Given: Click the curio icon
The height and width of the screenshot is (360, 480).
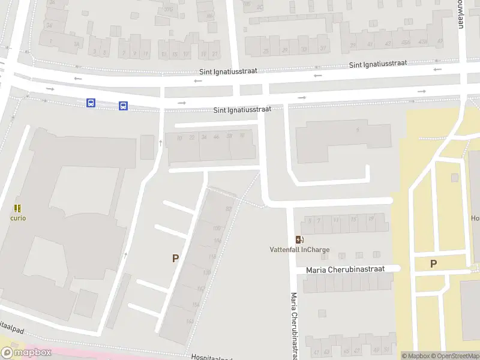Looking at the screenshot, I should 18,208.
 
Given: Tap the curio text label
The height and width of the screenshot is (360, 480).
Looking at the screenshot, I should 18,218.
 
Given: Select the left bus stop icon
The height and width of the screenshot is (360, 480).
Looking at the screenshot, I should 91,103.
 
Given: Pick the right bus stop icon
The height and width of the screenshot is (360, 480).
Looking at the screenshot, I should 123,106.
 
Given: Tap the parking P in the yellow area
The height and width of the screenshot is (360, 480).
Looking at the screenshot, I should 433,263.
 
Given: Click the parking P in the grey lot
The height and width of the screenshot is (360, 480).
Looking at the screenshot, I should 175,258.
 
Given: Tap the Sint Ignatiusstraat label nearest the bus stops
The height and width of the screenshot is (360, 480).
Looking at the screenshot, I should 242,110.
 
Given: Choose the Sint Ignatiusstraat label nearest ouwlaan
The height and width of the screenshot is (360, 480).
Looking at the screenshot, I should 378,64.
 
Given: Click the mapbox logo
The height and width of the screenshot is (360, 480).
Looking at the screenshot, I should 26,353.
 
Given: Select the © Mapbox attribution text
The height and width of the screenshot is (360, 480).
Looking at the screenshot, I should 416,356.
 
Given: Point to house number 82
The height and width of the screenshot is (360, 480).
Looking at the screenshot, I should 228,209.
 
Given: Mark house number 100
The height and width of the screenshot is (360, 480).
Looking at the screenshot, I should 217,229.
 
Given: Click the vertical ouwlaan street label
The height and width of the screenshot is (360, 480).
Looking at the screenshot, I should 461,7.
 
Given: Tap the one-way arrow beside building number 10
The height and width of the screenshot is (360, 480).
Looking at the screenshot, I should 161,143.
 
